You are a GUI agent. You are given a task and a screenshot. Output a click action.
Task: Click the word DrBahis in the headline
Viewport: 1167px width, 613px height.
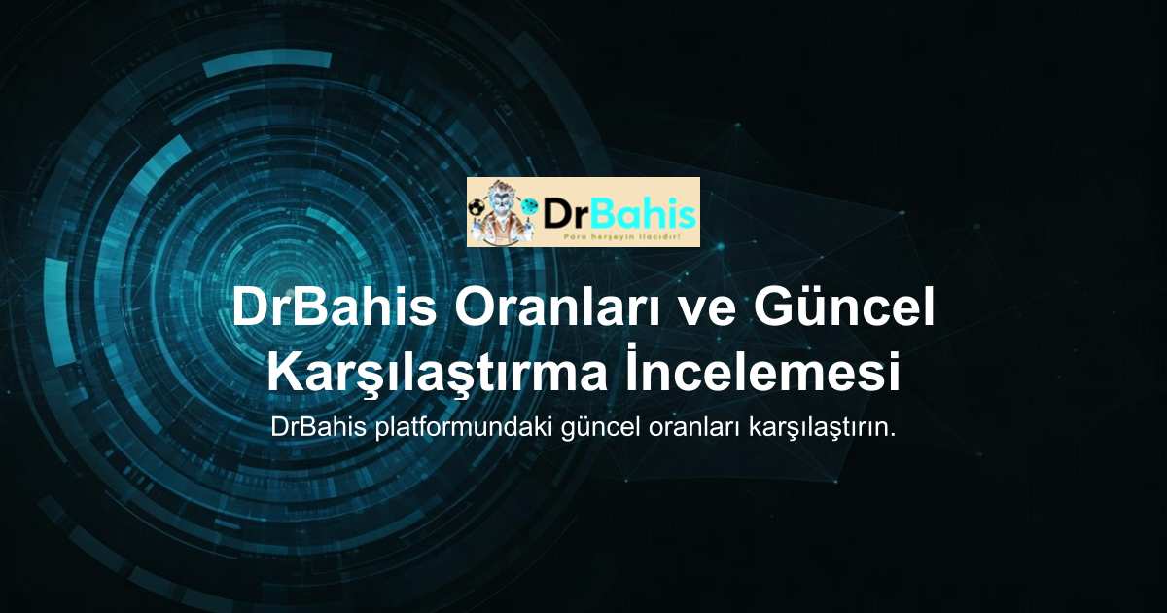click(334, 307)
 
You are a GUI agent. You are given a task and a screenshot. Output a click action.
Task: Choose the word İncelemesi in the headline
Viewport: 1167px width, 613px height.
click(762, 368)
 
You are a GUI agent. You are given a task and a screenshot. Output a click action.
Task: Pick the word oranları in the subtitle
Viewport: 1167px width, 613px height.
click(694, 428)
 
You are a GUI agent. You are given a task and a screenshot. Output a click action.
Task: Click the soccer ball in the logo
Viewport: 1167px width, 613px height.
click(475, 208)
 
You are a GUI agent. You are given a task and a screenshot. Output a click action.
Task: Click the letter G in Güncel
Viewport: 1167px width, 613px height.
click(773, 307)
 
